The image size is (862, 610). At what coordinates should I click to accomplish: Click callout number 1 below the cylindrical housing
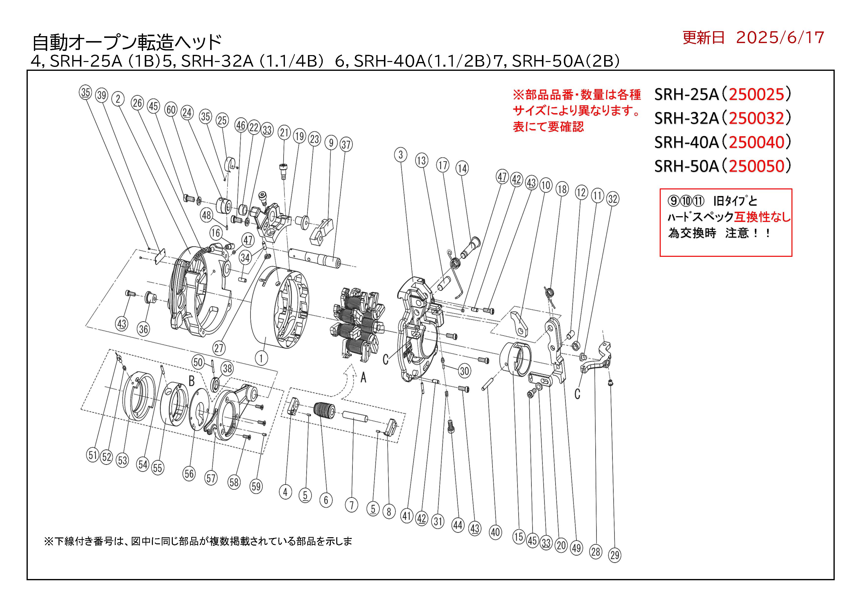[x=261, y=358]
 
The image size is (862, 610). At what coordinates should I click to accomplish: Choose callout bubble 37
[x=346, y=145]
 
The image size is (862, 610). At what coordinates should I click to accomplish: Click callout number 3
[x=401, y=154]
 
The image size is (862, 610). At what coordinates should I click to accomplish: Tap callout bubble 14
[x=462, y=168]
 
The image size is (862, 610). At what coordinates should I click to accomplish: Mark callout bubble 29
[x=614, y=555]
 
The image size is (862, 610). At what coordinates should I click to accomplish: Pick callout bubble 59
[x=256, y=487]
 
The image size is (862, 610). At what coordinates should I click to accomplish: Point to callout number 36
[x=143, y=329]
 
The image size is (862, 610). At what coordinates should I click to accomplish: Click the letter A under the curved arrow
[x=363, y=378]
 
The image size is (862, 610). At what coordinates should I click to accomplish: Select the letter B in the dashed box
[x=191, y=381]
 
